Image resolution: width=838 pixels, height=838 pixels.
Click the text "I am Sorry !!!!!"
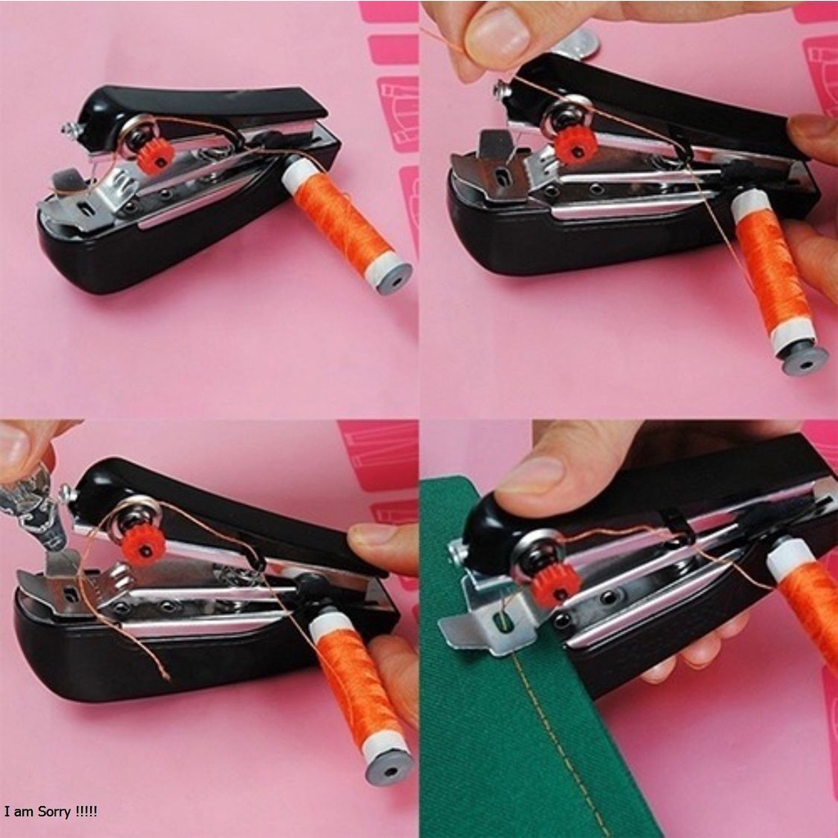pyautogui.click(x=51, y=812)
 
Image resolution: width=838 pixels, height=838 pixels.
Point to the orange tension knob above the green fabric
pyautogui.click(x=556, y=583)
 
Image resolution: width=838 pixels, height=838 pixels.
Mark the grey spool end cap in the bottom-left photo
pyautogui.click(x=390, y=768)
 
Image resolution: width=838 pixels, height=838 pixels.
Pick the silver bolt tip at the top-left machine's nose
pyautogui.click(x=66, y=128)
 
